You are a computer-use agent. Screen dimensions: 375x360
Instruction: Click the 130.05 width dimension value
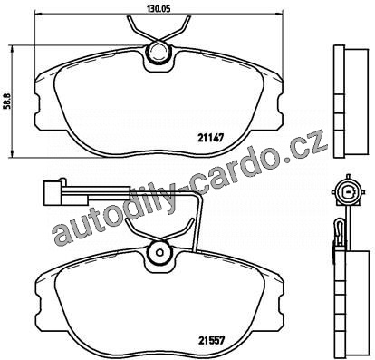[x=159, y=9]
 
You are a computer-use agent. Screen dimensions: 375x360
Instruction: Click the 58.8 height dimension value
[x=9, y=101]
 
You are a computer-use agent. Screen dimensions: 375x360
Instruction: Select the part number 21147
[x=210, y=138]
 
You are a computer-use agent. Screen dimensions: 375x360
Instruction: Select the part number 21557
[x=211, y=341]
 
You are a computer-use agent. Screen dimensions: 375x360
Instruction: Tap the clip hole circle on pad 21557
[x=159, y=252]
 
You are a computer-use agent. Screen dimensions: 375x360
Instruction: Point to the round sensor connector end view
[x=349, y=191]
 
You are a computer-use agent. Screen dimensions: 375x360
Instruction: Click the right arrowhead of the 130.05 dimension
[x=279, y=14]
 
